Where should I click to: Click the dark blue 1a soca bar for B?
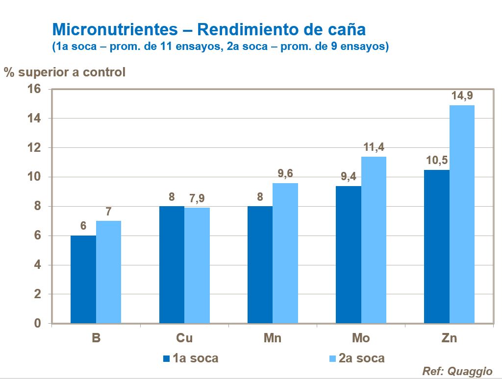pos(83,279)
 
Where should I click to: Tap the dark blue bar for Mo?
pos(348,255)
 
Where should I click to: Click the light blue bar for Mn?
pos(285,253)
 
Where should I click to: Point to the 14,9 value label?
pos(462,96)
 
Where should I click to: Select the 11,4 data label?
pos(374,147)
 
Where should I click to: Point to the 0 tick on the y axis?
pos(37,324)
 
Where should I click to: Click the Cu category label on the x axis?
pos(184,338)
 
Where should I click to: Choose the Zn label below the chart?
pos(449,338)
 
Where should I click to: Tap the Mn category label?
pos(273,338)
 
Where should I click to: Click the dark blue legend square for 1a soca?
pos(166,358)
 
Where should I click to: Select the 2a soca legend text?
pos(362,358)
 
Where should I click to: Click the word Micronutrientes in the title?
pos(115,29)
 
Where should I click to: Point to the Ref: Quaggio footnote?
pos(457,371)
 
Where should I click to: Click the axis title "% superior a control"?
pos(65,72)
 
